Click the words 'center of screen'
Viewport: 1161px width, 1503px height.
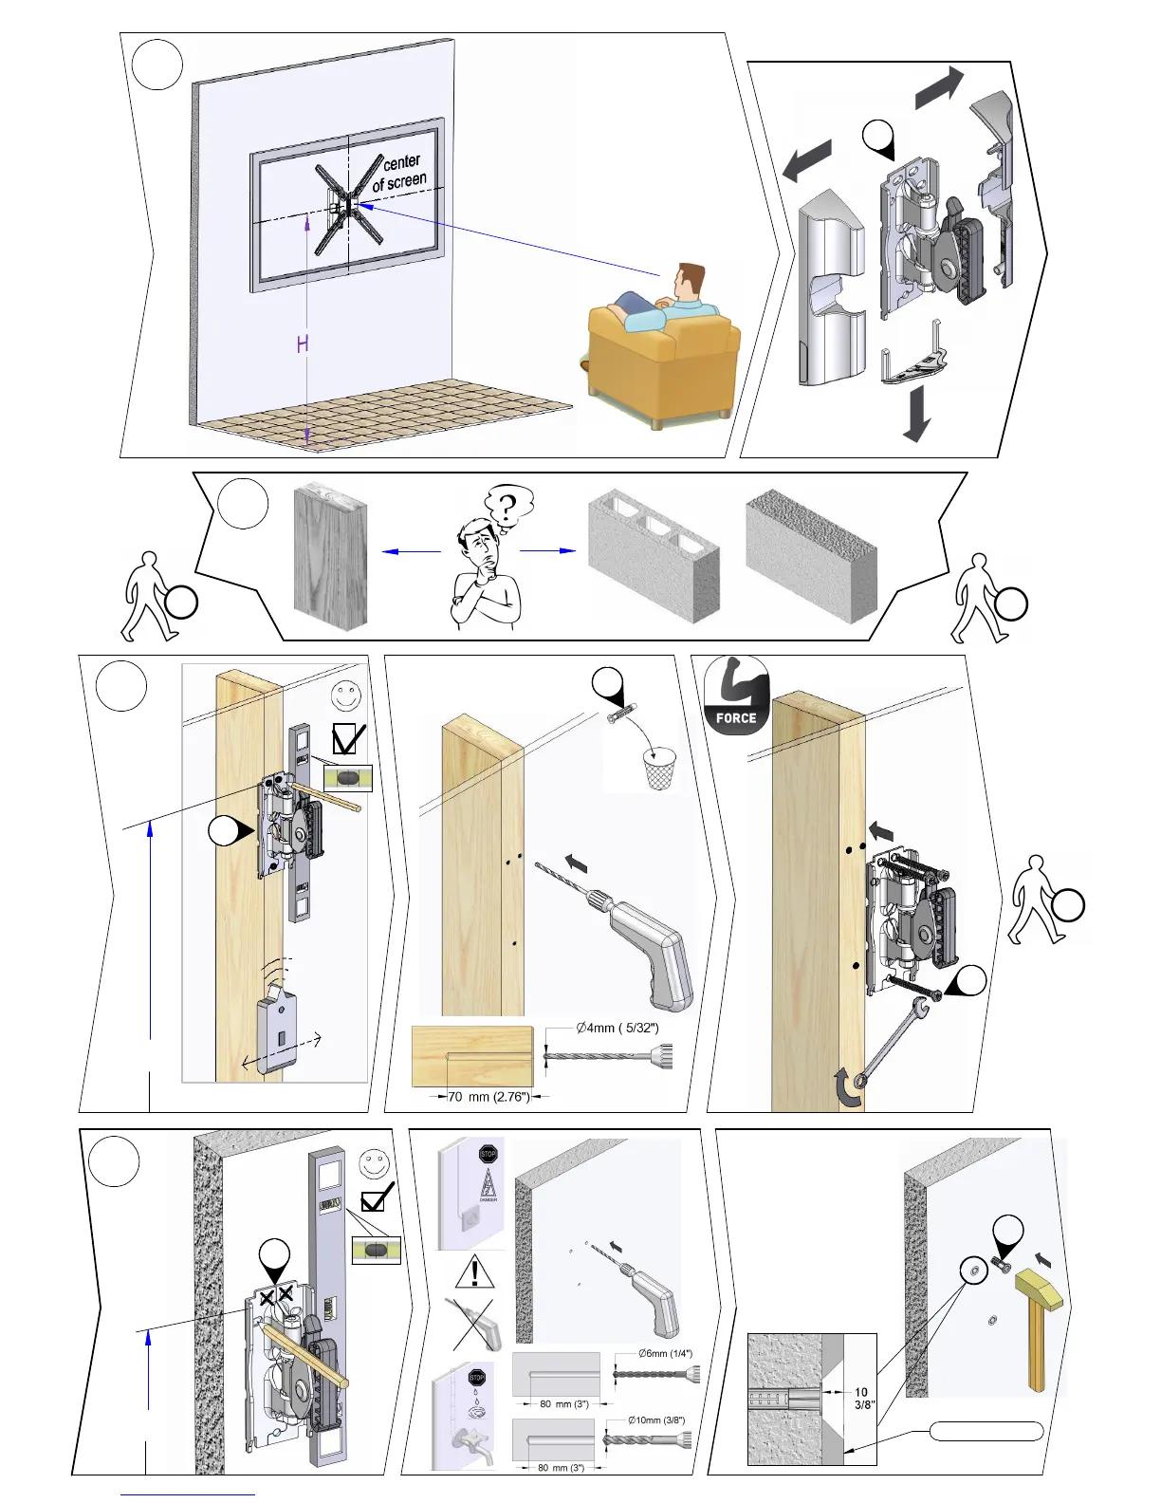click(x=399, y=172)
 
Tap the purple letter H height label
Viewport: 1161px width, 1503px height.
click(x=303, y=343)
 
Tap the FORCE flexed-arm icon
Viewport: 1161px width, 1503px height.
click(x=736, y=696)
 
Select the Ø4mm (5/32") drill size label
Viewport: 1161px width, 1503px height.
click(x=617, y=1028)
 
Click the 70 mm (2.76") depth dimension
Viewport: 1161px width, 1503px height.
click(x=488, y=1097)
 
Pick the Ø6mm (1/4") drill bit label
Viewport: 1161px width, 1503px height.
click(x=665, y=1353)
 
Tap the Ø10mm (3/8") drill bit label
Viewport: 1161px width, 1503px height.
click(x=656, y=1420)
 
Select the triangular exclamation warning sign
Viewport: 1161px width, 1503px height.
click(x=474, y=1271)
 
